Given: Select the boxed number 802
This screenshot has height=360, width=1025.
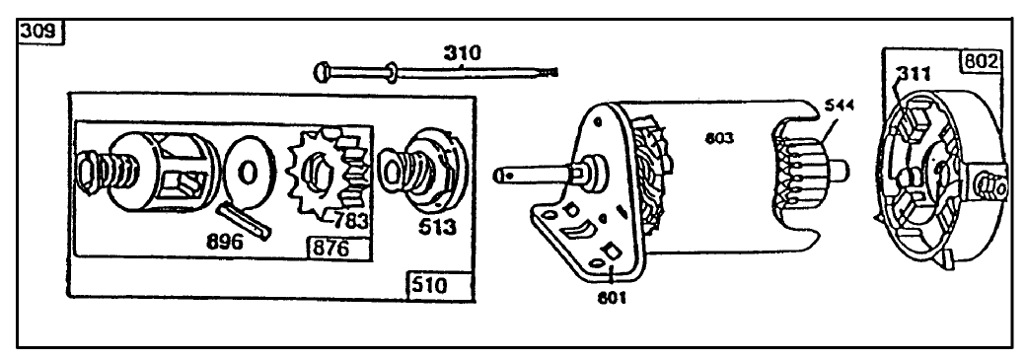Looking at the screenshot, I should coord(979,60).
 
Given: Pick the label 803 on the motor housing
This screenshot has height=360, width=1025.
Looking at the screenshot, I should coord(719,139).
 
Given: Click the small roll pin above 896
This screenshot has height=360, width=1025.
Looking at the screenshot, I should coord(244,218).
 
